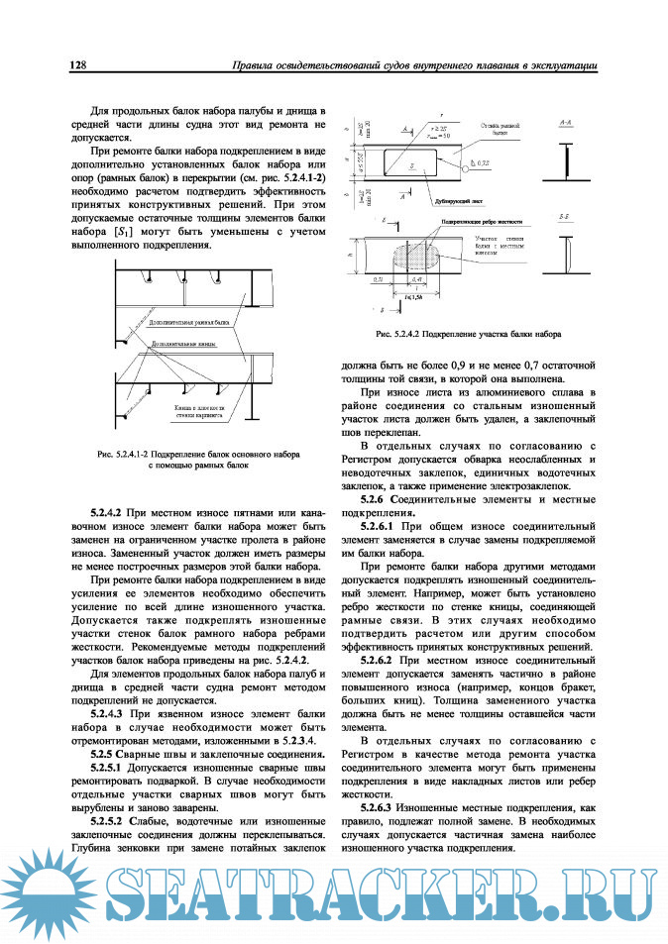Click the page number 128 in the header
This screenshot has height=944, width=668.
coord(78,66)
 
